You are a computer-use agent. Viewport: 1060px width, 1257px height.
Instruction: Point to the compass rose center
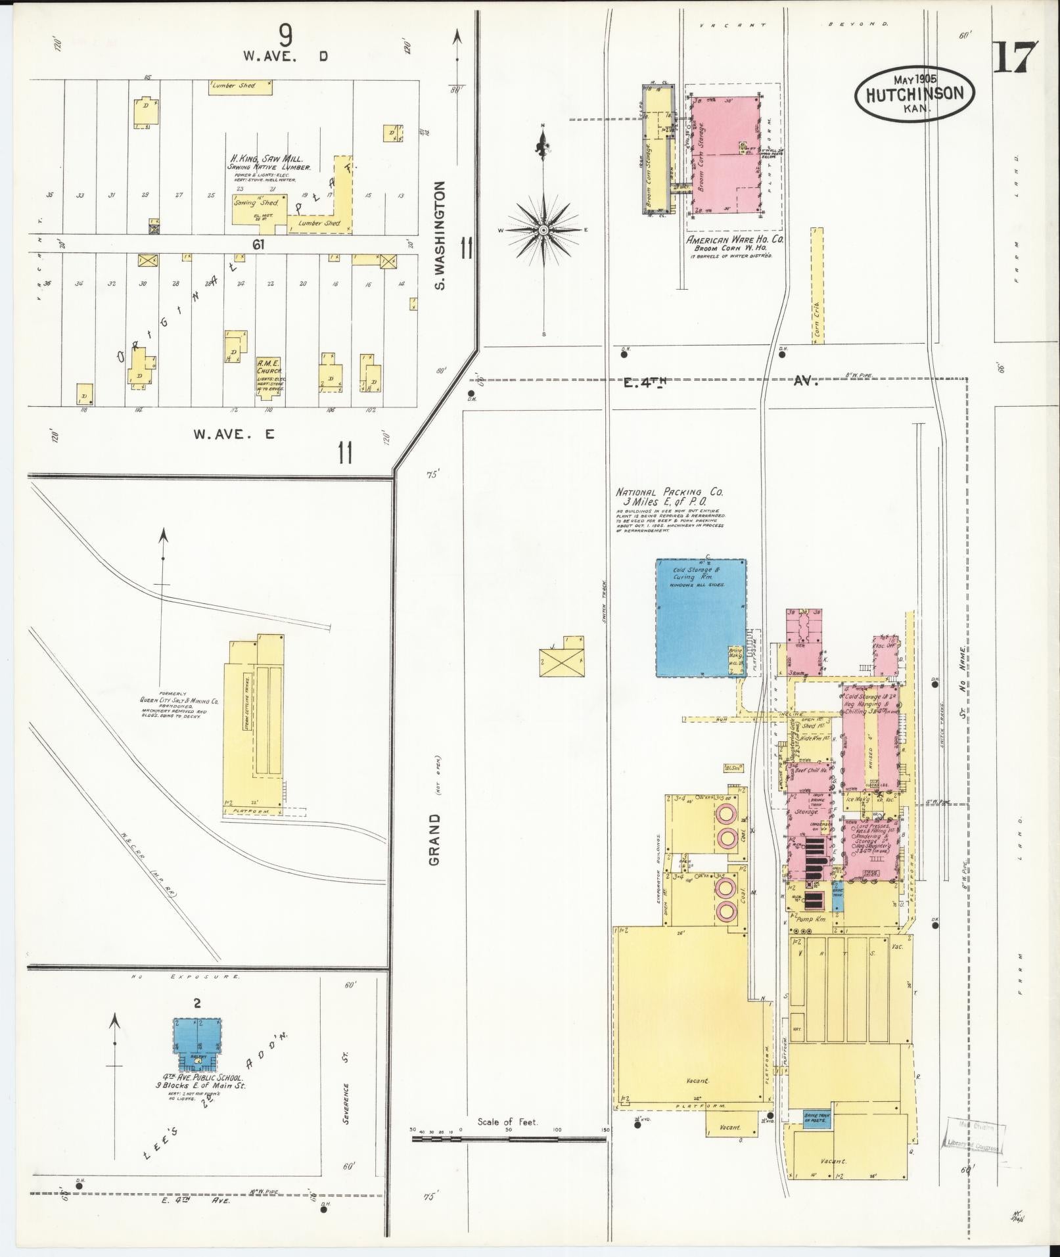(543, 231)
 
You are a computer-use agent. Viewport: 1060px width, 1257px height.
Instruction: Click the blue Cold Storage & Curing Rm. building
(701, 618)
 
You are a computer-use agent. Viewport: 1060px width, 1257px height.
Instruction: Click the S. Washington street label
(441, 236)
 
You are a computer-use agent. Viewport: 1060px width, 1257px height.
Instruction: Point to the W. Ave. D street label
(286, 57)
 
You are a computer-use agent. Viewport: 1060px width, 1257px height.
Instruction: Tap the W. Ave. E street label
(235, 434)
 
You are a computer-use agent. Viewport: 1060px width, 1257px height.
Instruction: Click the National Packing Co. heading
(669, 492)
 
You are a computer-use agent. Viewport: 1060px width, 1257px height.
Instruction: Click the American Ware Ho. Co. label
(735, 240)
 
